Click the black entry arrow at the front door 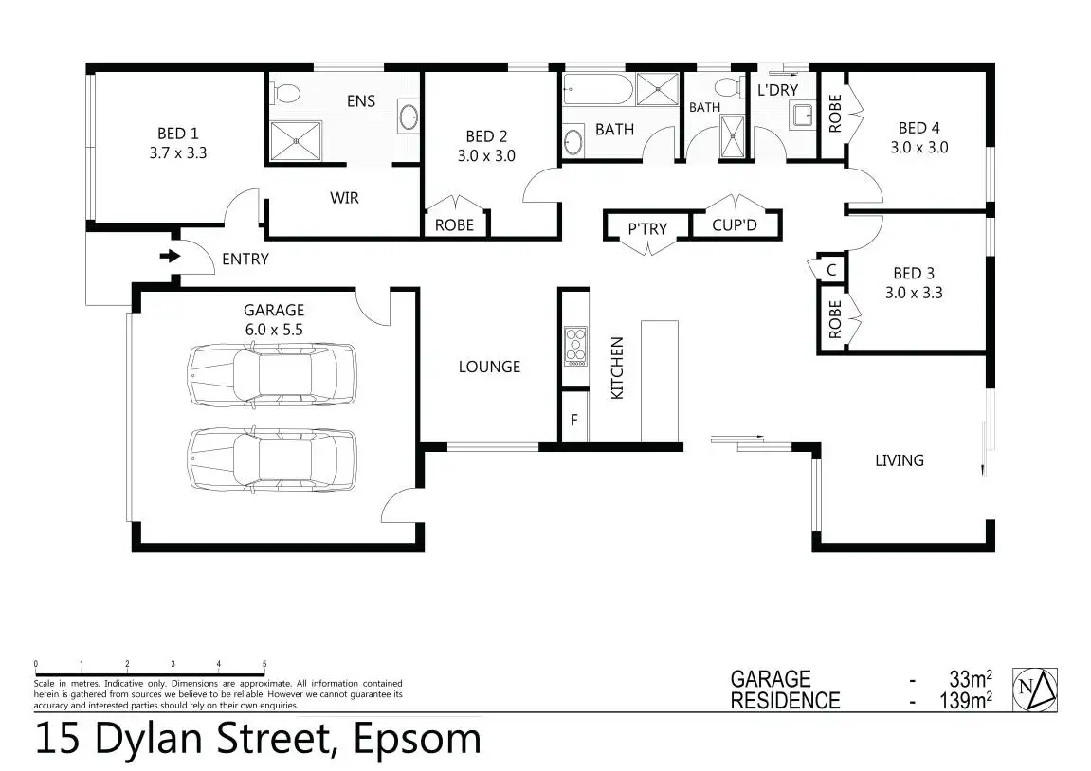[170, 257]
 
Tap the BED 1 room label [177, 134]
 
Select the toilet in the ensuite [285, 93]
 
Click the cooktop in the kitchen [575, 347]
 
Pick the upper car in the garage [272, 375]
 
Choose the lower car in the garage [272, 459]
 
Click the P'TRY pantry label [647, 228]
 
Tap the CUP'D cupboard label [734, 225]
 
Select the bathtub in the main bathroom [598, 90]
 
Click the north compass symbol [1035, 690]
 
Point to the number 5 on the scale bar [264, 664]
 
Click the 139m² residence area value [966, 700]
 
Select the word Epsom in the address [417, 739]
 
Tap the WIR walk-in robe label [344, 198]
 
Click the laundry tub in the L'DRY [802, 116]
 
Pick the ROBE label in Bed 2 [454, 225]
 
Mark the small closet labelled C [831, 270]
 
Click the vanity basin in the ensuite [408, 117]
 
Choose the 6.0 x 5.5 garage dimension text [274, 330]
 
